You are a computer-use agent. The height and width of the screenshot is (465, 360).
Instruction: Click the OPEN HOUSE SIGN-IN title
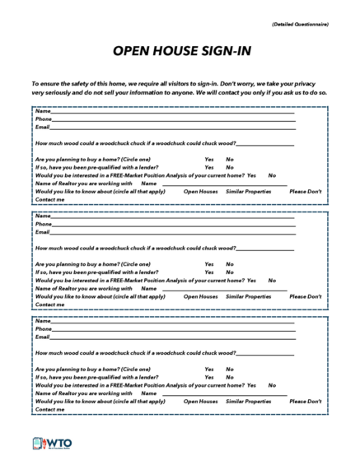[x=179, y=52]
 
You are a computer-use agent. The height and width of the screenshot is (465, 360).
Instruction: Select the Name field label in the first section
[x=41, y=111]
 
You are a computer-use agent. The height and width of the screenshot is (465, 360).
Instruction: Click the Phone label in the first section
[x=43, y=119]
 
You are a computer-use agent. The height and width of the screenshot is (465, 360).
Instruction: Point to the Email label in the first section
[x=42, y=128]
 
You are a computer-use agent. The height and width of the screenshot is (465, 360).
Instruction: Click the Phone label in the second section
[x=43, y=224]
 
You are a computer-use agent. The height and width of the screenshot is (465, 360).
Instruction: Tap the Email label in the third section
[x=42, y=337]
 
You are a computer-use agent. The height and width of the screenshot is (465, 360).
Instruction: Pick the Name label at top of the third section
[x=41, y=320]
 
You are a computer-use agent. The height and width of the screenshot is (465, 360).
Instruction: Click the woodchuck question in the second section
[x=135, y=248]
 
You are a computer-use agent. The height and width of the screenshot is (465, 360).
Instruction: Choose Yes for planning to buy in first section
[x=209, y=160]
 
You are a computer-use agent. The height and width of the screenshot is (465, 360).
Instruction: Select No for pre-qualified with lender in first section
[x=229, y=168]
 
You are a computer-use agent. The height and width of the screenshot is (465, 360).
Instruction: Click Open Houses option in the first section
[x=200, y=191]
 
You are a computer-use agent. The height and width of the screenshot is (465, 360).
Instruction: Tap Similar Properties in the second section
[x=248, y=296]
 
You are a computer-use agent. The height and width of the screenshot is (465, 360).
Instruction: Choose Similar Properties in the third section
[x=248, y=401]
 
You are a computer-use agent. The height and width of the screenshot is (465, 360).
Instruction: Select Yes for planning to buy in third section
[x=209, y=369]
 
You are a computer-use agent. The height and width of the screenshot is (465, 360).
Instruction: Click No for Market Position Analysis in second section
[x=271, y=281]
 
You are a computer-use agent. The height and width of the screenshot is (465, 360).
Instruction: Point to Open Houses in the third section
[x=200, y=401]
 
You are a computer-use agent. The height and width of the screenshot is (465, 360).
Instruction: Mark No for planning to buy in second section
[x=229, y=264]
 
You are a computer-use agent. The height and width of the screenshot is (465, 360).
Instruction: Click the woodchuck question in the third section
[x=135, y=352]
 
